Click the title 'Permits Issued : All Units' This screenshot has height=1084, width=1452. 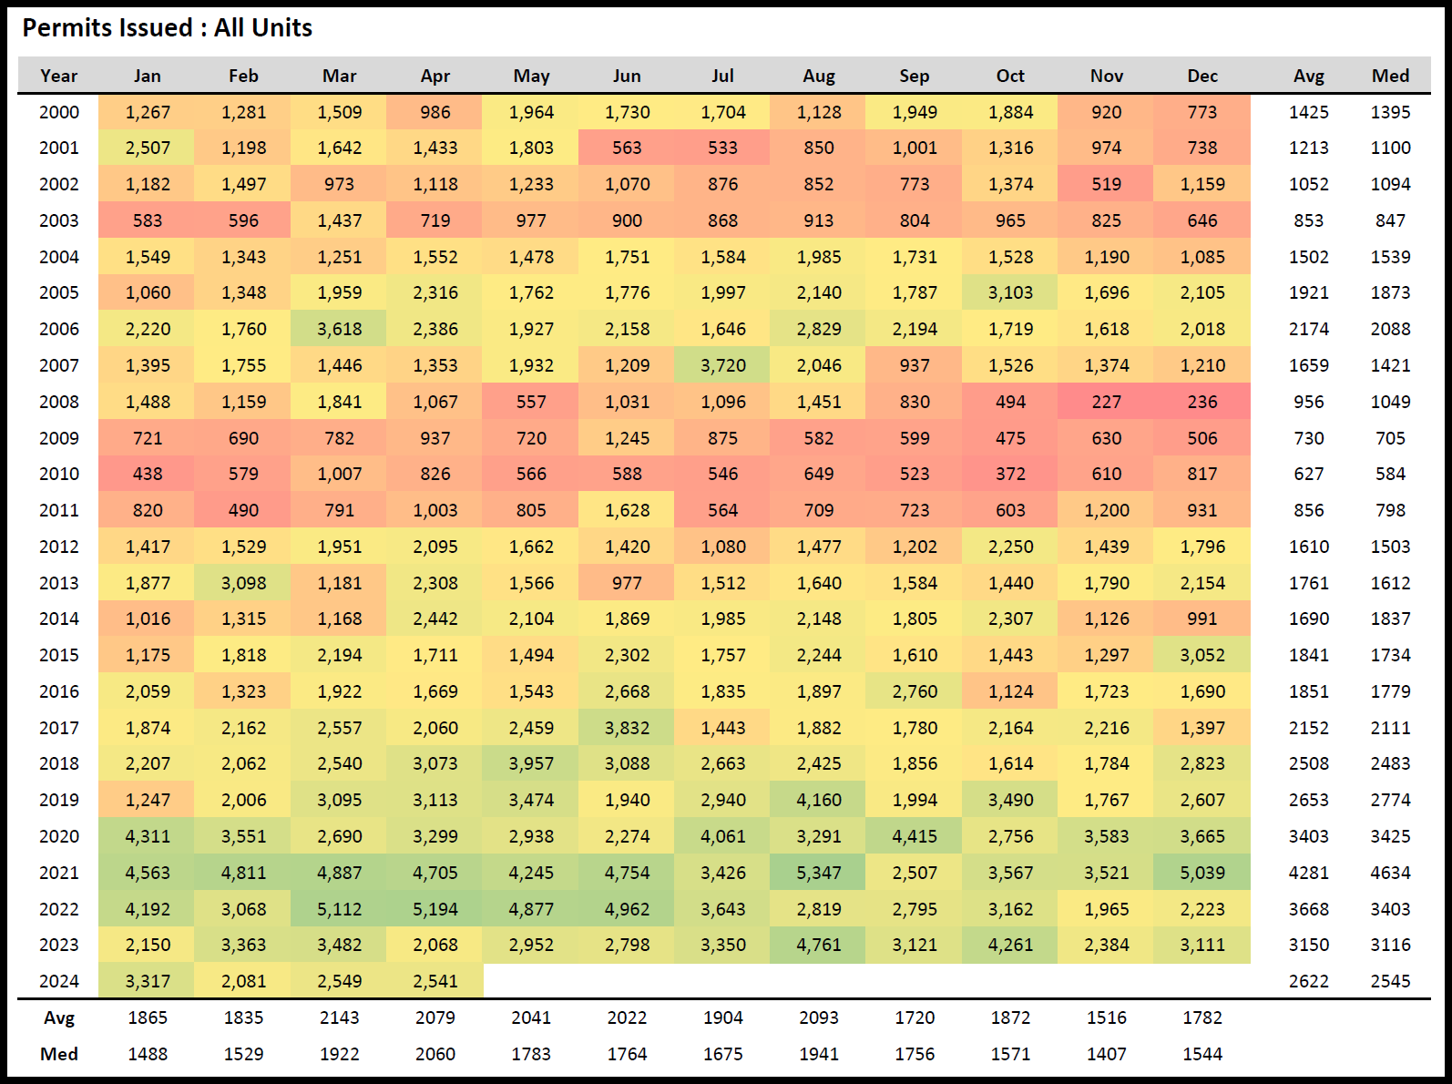pyautogui.click(x=168, y=28)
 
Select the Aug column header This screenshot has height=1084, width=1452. pyautogui.click(x=819, y=76)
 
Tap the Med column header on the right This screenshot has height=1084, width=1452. pyautogui.click(x=1390, y=76)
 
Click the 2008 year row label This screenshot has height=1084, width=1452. pyautogui.click(x=59, y=402)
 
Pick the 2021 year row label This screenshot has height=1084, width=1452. pyautogui.click(x=59, y=873)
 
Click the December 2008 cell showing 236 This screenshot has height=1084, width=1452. pyautogui.click(x=1201, y=402)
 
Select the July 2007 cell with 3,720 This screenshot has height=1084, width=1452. pyautogui.click(x=722, y=365)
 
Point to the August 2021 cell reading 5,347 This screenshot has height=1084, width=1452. pyautogui.click(x=819, y=873)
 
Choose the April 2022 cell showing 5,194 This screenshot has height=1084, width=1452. pyautogui.click(x=435, y=909)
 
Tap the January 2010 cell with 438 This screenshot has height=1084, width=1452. pyautogui.click(x=148, y=474)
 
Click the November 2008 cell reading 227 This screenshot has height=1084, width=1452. pyautogui.click(x=1106, y=402)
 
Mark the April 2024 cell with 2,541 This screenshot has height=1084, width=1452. pyautogui.click(x=435, y=981)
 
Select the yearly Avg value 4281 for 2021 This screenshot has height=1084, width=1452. pyautogui.click(x=1308, y=873)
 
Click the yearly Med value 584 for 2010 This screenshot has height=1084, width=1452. pyautogui.click(x=1390, y=474)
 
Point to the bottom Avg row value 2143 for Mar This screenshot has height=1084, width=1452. pyautogui.click(x=339, y=1018)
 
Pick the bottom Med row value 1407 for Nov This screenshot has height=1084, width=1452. pyautogui.click(x=1106, y=1054)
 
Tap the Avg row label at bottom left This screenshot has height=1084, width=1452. pyautogui.click(x=59, y=1018)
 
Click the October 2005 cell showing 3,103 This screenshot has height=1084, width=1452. pyautogui.click(x=1010, y=292)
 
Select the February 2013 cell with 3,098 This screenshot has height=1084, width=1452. pyautogui.click(x=243, y=583)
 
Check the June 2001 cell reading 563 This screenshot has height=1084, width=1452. pyautogui.click(x=627, y=148)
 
